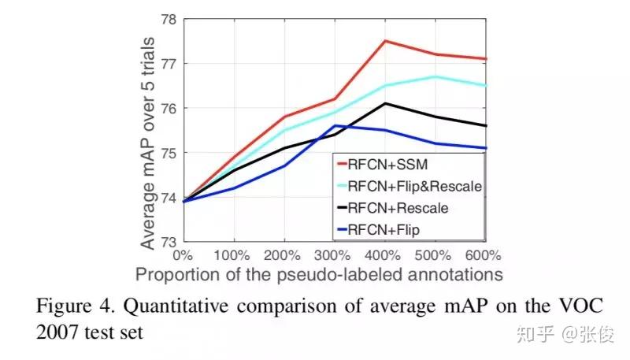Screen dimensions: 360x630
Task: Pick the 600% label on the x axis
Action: (483, 255)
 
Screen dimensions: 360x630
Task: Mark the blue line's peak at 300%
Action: (335, 125)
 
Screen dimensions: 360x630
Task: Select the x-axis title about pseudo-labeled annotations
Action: (318, 274)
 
